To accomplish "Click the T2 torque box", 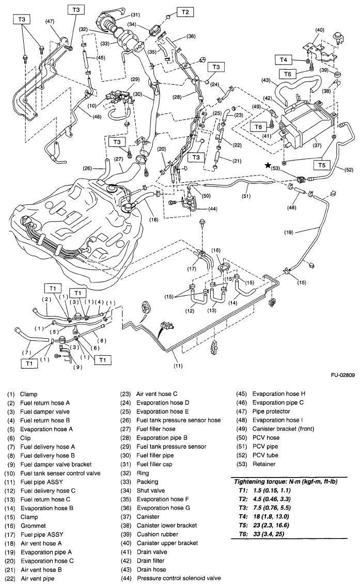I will (184, 11).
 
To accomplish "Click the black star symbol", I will (267, 165).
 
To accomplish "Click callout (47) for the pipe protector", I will (50, 21).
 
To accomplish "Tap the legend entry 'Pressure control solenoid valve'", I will (179, 578).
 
